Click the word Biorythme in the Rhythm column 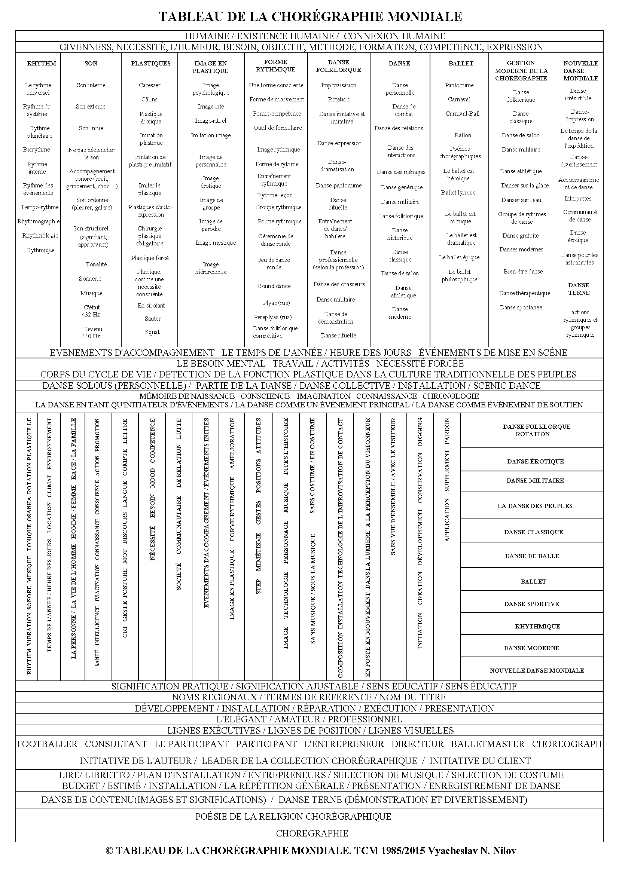tap(37, 150)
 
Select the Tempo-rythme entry tap(40, 207)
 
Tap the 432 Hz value tap(91, 315)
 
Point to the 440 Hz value tap(91, 337)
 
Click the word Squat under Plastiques tap(152, 332)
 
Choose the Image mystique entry tap(216, 243)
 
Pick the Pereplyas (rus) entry tap(272, 317)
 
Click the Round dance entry tap(274, 286)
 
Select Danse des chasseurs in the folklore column tap(339, 284)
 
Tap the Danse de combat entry tap(404, 110)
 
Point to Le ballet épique tap(459, 257)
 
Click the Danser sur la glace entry tap(525, 186)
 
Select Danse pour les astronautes tap(579, 259)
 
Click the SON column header tap(91, 64)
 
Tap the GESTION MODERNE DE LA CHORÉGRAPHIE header tap(521, 71)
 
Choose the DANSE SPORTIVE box tap(531, 604)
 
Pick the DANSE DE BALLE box tap(532, 556)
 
